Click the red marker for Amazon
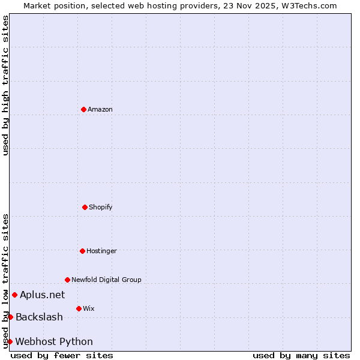83,109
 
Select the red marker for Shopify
85,207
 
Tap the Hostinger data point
82,251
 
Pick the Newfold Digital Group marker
67,280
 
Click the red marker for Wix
79,308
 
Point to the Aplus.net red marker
14,295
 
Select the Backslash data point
10,317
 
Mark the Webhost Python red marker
10,341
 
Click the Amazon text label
100,109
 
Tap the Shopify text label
101,207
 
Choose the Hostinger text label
101,251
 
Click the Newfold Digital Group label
106,280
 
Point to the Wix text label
88,308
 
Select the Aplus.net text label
42,295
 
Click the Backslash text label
39,317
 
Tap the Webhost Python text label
54,341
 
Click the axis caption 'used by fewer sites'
62,355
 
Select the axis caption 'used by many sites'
301,355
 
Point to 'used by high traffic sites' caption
5,86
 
